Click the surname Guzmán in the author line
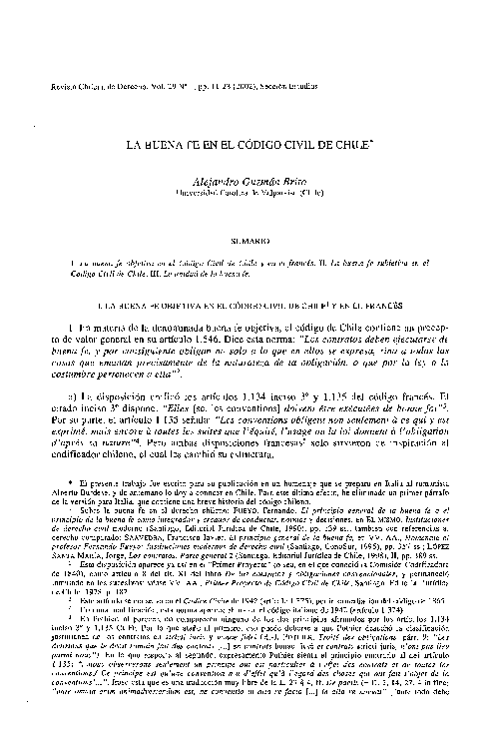click(x=263, y=180)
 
